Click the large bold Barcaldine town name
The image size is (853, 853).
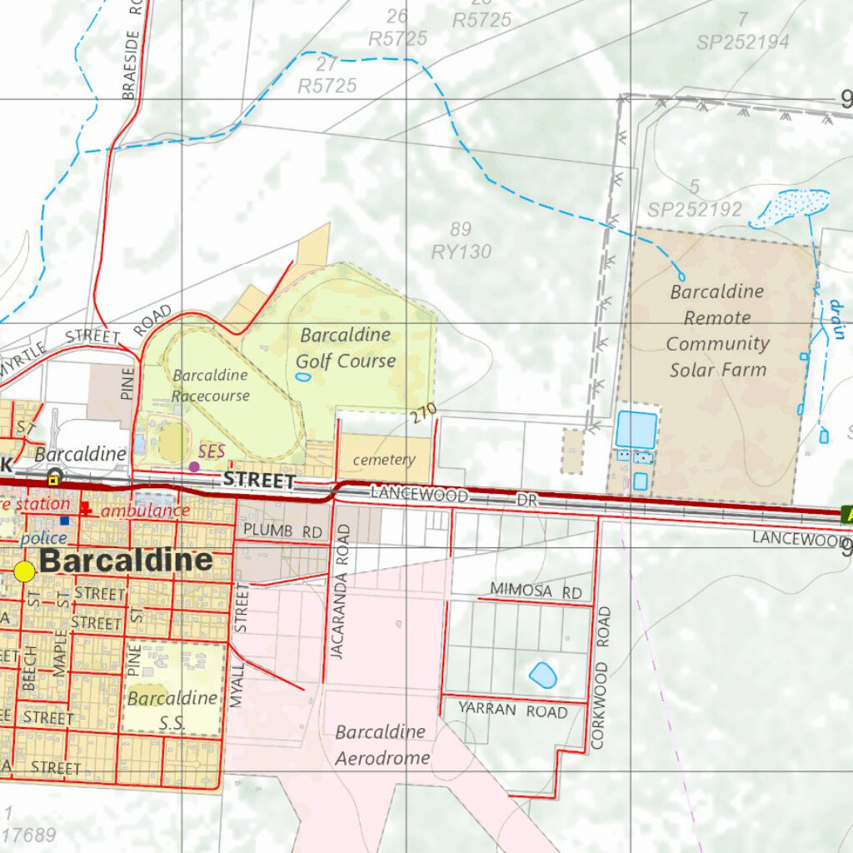(126, 561)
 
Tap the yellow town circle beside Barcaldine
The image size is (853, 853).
(25, 571)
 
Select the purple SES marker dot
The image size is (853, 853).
(194, 466)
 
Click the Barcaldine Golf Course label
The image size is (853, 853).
(346, 348)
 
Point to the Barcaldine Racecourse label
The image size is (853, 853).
(211, 386)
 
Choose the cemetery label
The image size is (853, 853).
(384, 460)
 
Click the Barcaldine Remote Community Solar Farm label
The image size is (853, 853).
(717, 331)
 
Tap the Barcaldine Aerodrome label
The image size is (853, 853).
(382, 745)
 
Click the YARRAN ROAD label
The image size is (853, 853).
(512, 711)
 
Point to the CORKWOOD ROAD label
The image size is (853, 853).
(603, 678)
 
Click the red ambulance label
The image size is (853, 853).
(145, 511)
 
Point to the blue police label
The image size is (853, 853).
(43, 538)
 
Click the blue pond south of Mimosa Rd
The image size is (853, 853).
(542, 675)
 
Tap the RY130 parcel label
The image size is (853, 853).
(461, 252)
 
